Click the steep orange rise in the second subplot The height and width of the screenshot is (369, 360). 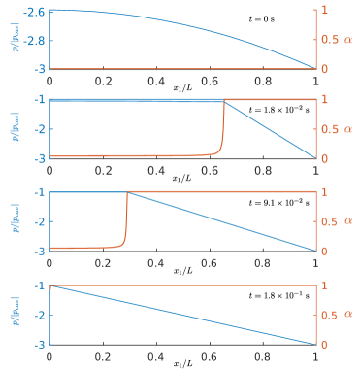coord(222,131)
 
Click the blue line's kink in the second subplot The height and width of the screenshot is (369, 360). coord(224,100)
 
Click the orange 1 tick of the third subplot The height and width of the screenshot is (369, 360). coord(325,193)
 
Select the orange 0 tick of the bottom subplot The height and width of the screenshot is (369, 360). coord(325,345)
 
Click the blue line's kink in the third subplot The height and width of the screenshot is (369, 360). coord(127,192)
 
